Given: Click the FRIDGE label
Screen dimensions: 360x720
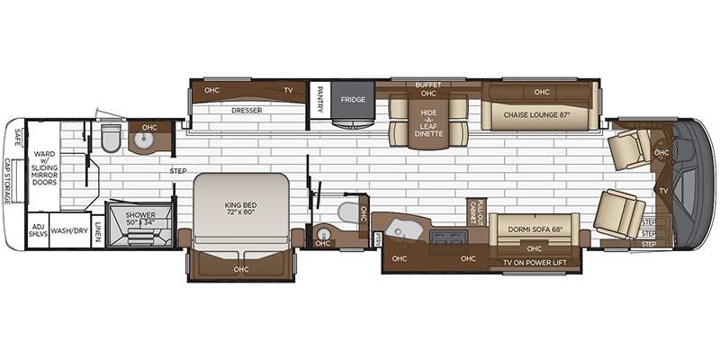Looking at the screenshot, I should (x=353, y=99).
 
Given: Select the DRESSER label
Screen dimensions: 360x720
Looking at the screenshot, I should (x=246, y=111).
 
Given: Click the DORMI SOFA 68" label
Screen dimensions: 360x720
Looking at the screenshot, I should (x=534, y=229).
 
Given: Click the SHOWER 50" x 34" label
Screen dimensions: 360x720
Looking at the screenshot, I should (x=140, y=220).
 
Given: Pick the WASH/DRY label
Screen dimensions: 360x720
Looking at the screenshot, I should (x=70, y=229).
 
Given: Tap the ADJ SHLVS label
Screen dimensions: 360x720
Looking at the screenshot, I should (x=37, y=229).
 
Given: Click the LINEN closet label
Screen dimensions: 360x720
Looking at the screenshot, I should (x=97, y=229).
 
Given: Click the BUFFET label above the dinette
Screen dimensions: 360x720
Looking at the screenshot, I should (x=427, y=85).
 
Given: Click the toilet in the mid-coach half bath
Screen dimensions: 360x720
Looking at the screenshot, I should (x=346, y=212).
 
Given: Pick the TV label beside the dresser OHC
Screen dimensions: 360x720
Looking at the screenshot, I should (x=288, y=90).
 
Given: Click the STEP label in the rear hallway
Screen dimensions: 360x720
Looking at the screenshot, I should (x=177, y=169).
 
